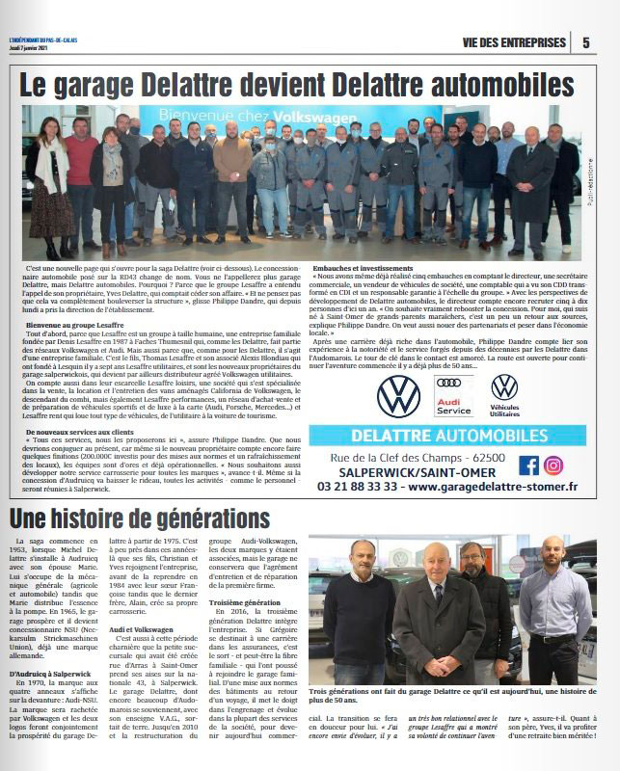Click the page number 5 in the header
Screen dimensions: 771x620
587,42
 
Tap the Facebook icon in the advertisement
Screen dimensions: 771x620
528,465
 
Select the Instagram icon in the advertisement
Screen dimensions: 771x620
553,465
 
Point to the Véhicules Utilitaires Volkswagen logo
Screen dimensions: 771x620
504,394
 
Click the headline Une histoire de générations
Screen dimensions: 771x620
140,519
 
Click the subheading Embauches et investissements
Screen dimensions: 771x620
364,267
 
